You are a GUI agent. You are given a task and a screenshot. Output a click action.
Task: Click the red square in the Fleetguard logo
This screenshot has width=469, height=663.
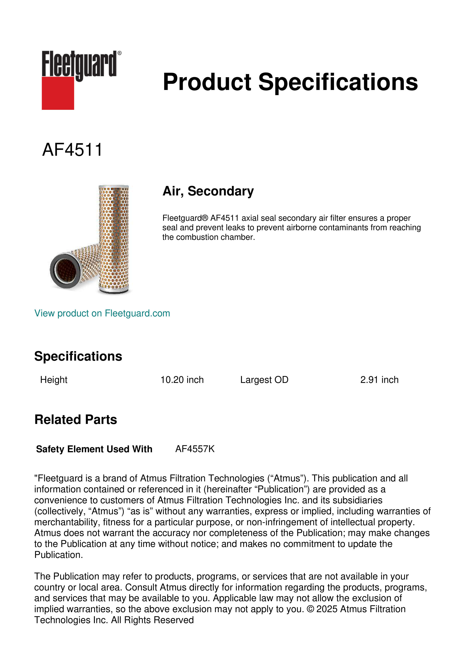[x=58, y=93]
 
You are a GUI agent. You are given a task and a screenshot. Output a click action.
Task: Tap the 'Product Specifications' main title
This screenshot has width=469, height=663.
[x=290, y=82]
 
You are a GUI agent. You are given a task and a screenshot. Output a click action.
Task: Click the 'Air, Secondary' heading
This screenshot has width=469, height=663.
[x=208, y=191]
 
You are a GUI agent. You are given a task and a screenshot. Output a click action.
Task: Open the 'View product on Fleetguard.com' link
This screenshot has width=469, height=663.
[x=102, y=313]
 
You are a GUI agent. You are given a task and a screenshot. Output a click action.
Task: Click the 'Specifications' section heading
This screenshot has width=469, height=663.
[x=78, y=356]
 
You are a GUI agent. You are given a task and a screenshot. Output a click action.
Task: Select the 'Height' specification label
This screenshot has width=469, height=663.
[x=54, y=380]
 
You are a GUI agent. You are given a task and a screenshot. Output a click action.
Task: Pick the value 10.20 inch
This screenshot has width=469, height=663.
[x=182, y=380]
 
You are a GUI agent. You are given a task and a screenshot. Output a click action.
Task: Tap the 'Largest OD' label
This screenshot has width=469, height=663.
[x=264, y=380]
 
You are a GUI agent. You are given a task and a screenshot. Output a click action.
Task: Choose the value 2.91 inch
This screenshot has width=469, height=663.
[x=379, y=380]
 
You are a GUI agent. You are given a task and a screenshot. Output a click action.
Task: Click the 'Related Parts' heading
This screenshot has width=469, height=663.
[x=76, y=420]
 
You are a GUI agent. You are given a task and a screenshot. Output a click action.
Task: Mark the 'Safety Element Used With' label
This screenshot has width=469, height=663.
[x=94, y=449]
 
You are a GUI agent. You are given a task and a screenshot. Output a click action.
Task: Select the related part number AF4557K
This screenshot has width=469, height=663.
[x=195, y=449]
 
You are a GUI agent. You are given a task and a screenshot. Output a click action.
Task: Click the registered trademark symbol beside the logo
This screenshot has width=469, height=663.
[x=119, y=53]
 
